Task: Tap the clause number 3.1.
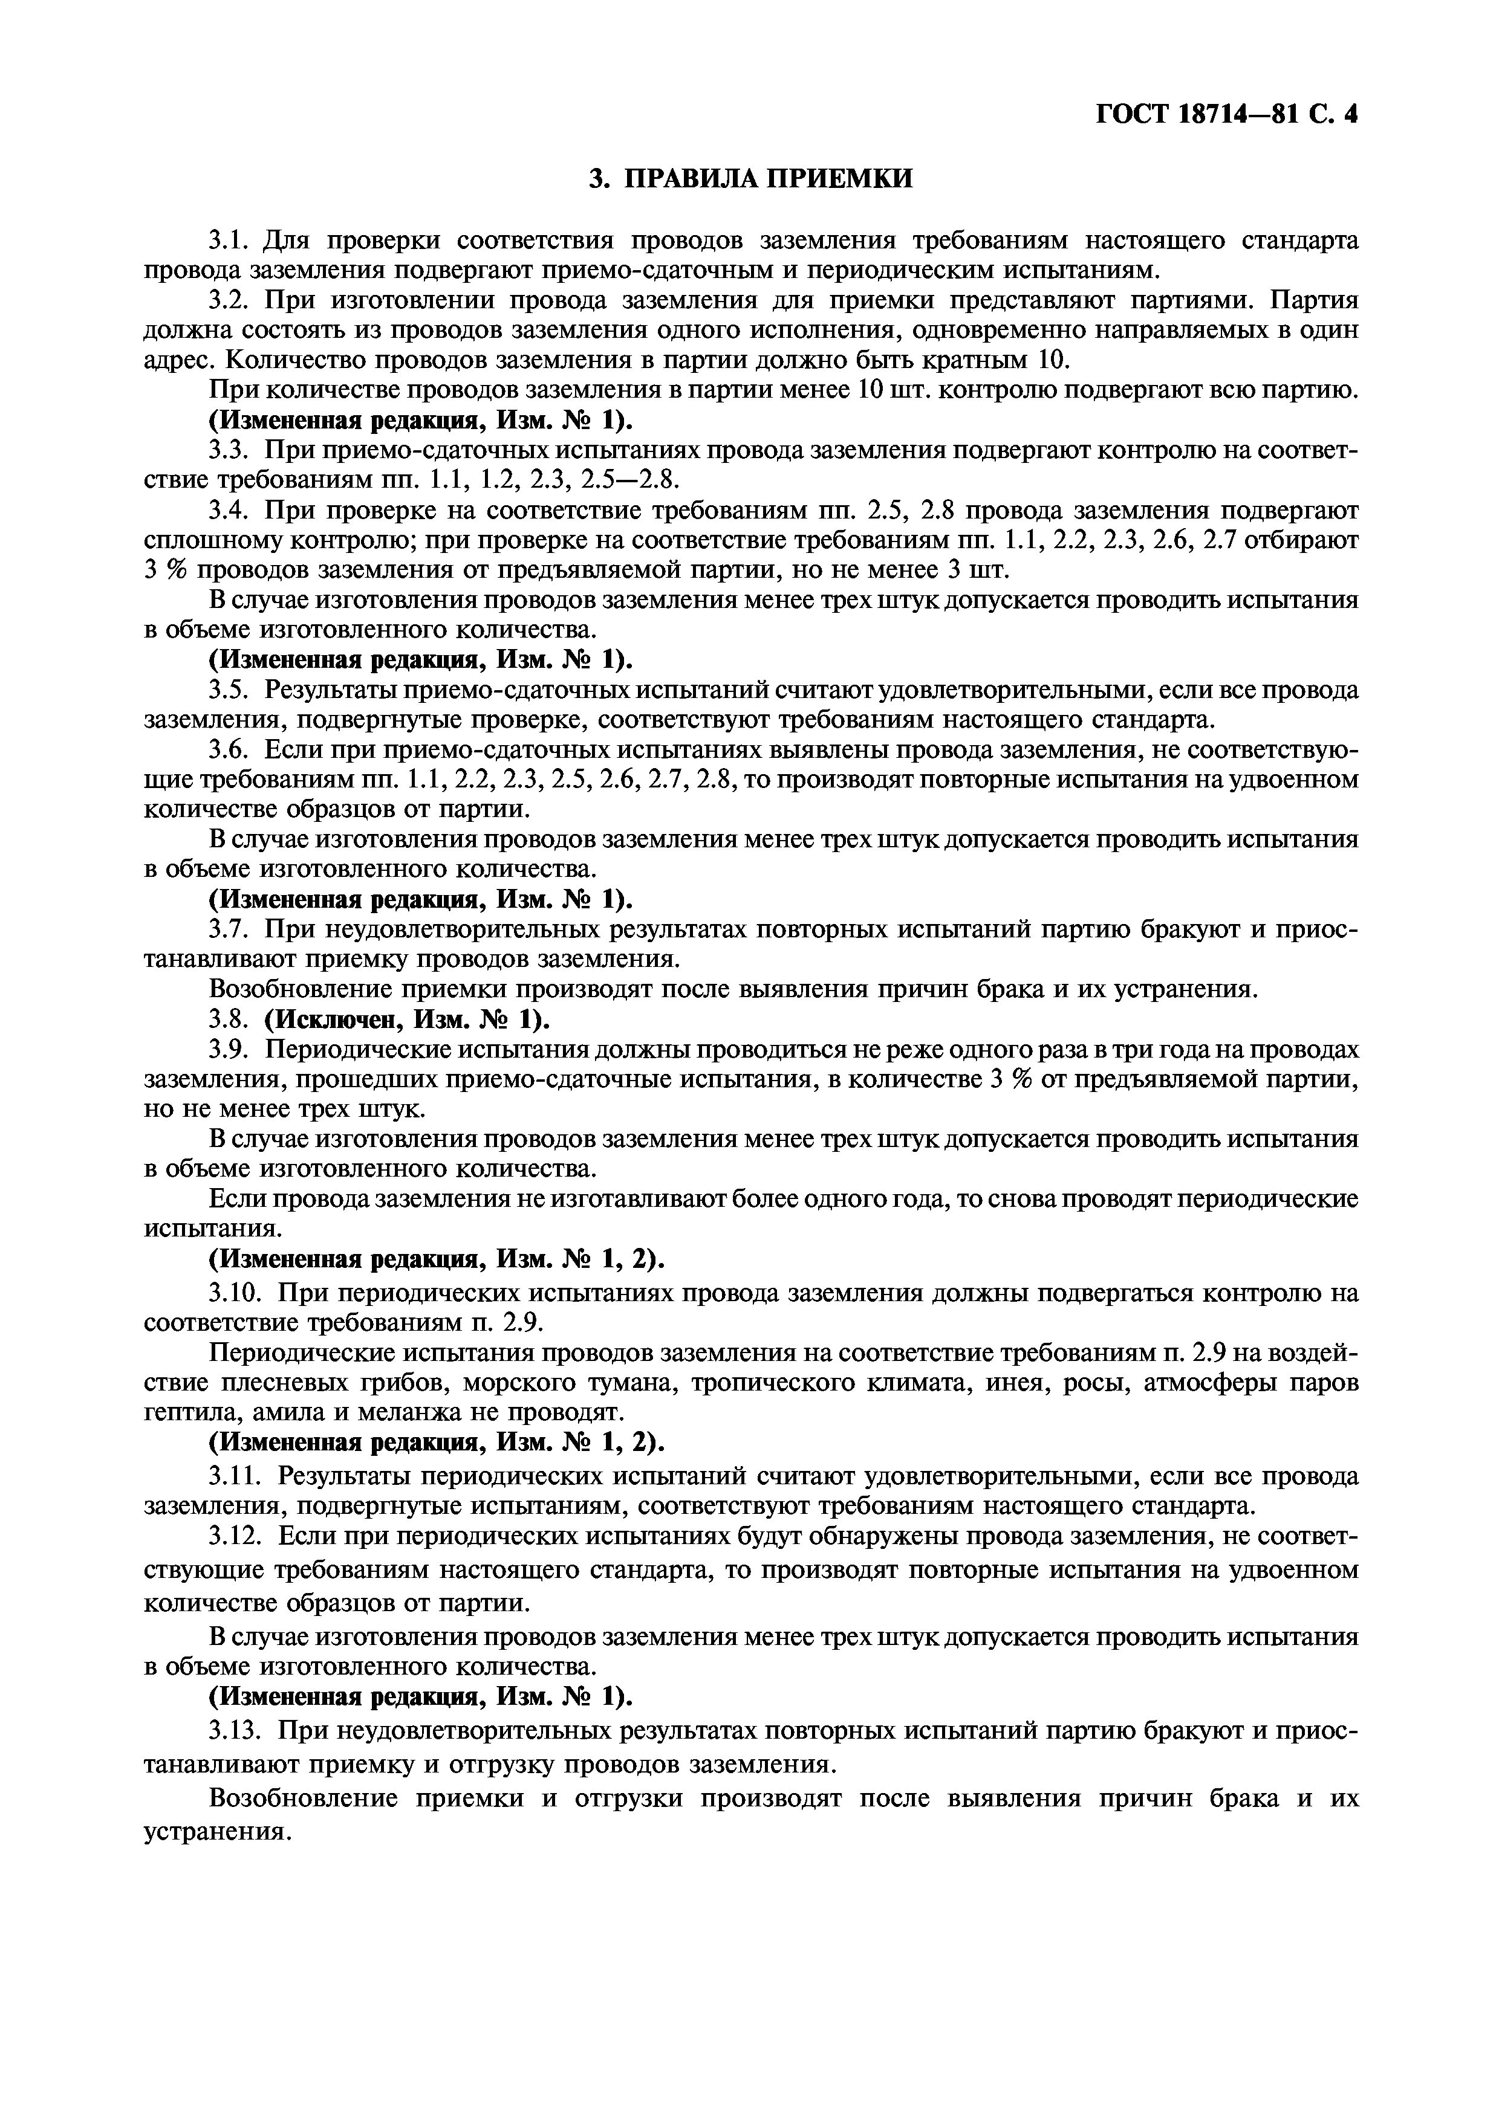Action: pos(230,241)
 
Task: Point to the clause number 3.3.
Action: pos(230,451)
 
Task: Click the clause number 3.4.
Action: pos(230,511)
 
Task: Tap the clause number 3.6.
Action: pos(230,750)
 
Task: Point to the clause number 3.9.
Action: pos(230,1050)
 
